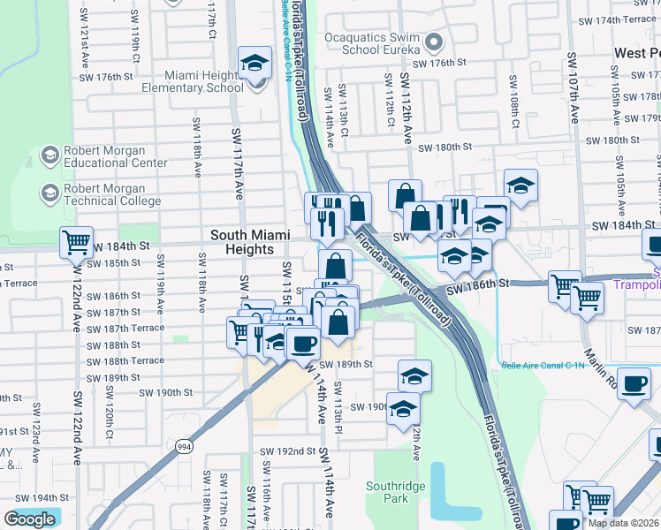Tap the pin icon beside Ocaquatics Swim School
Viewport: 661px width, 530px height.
coord(433,42)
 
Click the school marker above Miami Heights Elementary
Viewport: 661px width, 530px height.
coord(255,64)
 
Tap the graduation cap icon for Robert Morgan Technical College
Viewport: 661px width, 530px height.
coord(49,192)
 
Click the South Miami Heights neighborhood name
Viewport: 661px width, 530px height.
coord(242,242)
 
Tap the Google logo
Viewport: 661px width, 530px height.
coord(30,519)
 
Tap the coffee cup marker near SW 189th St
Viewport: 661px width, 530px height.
coord(303,343)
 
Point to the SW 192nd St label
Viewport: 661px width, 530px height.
coord(287,450)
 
